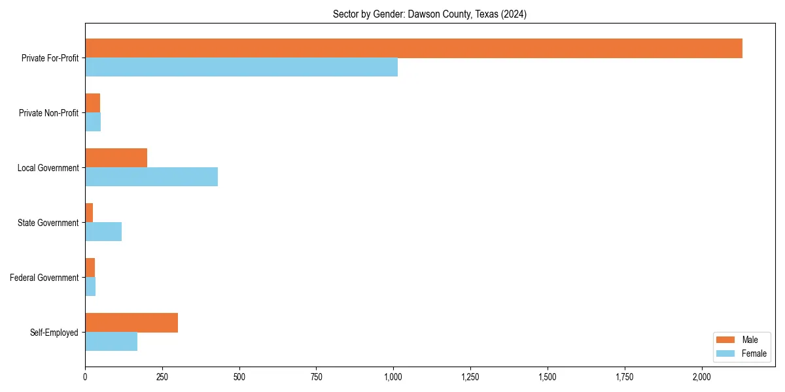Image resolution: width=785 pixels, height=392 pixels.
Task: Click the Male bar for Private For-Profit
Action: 413,48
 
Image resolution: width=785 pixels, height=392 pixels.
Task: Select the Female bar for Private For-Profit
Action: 241,67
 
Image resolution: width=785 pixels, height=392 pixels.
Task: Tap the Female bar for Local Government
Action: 151,177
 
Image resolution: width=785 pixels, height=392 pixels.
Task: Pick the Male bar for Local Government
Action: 116,158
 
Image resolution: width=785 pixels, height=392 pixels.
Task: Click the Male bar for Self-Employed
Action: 131,323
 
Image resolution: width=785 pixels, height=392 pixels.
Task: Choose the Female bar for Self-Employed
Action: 111,342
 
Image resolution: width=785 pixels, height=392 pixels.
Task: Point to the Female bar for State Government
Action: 103,232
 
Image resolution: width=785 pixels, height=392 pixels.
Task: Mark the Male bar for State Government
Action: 89,213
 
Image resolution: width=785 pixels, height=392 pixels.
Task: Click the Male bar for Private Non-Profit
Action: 92,103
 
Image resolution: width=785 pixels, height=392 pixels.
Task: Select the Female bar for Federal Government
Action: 90,287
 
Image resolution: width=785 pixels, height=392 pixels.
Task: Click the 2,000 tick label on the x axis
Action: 701,377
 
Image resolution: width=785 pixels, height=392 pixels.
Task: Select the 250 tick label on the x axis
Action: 162,377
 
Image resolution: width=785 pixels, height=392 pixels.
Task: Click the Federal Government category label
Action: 44,278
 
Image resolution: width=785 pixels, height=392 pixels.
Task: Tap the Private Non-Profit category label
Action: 48,113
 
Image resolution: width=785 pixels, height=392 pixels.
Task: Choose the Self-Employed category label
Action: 54,333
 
